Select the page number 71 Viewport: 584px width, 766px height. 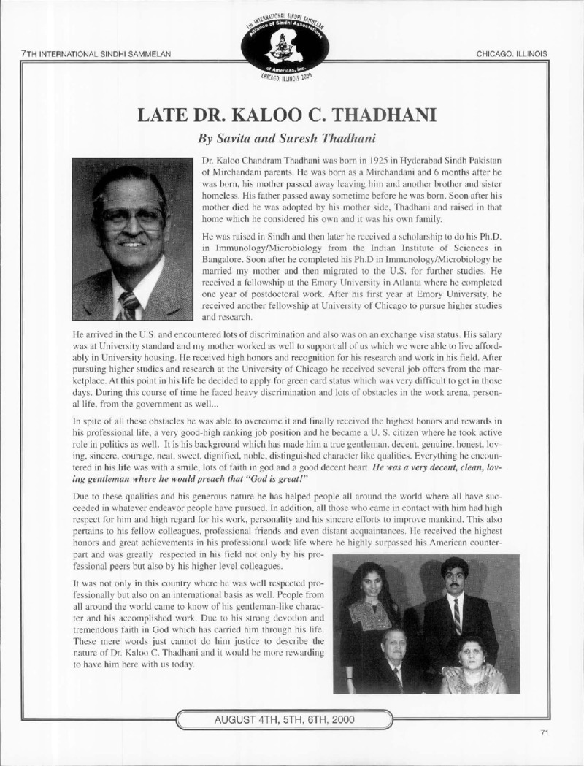pos(544,732)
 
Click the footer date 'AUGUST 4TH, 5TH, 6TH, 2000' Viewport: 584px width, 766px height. pos(284,719)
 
